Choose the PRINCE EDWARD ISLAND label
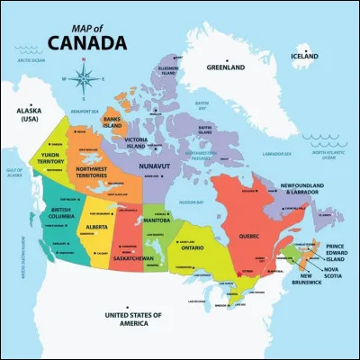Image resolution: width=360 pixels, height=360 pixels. pos(335,253)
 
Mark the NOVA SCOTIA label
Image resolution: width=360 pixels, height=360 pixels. pos(331,274)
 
